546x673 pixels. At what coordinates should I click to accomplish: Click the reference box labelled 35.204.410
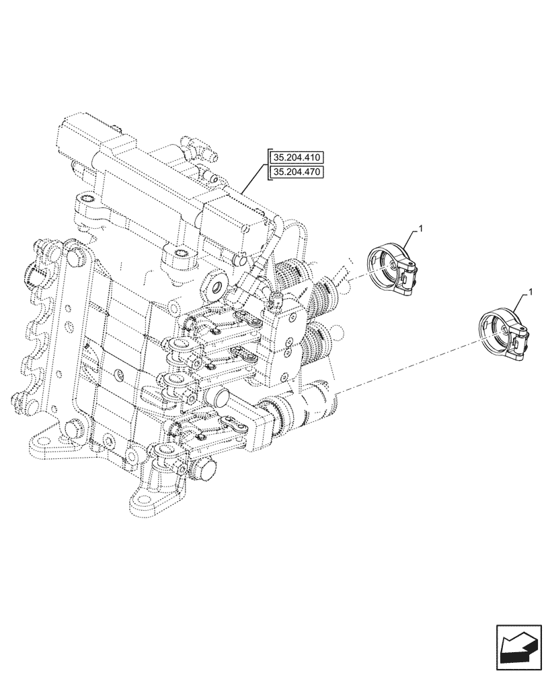(297, 158)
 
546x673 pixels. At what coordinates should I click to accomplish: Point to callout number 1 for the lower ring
(531, 292)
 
